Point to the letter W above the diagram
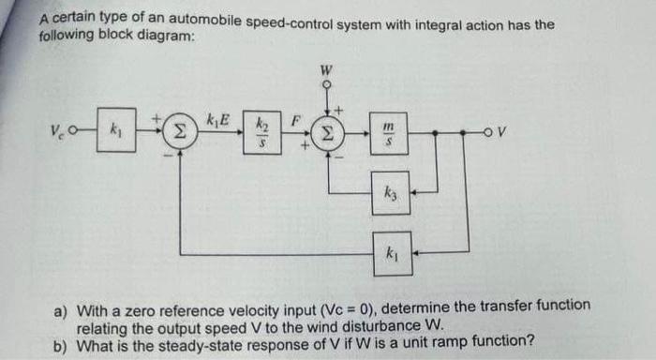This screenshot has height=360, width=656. pos(326,67)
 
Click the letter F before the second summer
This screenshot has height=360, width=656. pos(295,120)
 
